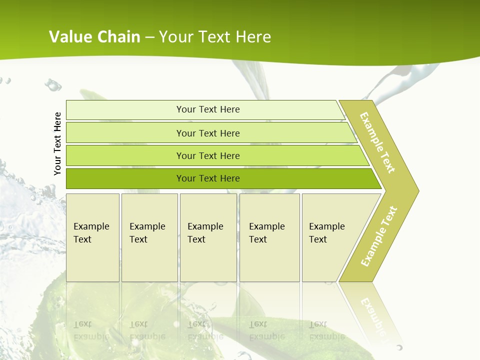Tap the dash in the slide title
point(149,37)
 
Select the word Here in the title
point(253,36)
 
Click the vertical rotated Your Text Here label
point(57,143)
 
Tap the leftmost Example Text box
point(92,237)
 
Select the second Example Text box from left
point(149,237)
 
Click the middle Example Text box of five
point(208,237)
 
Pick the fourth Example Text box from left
point(269,237)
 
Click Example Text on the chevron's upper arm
point(377,142)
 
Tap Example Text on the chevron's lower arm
point(378,236)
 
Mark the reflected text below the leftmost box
point(91,330)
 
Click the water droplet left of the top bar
point(52,85)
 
